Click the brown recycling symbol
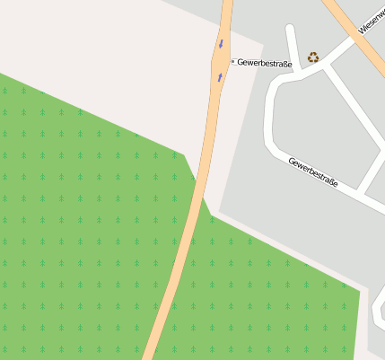[x=312, y=57]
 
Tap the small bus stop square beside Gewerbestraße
[x=232, y=62]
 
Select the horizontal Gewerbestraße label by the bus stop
[x=265, y=63]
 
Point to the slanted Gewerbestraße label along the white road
[x=313, y=171]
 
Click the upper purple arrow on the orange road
[x=221, y=43]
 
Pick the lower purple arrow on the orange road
[x=219, y=77]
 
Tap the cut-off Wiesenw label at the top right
[x=371, y=18]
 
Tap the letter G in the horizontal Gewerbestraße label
[x=241, y=63]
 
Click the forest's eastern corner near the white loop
[x=360, y=288]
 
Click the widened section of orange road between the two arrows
[x=220, y=61]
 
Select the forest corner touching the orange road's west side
[x=185, y=154]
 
